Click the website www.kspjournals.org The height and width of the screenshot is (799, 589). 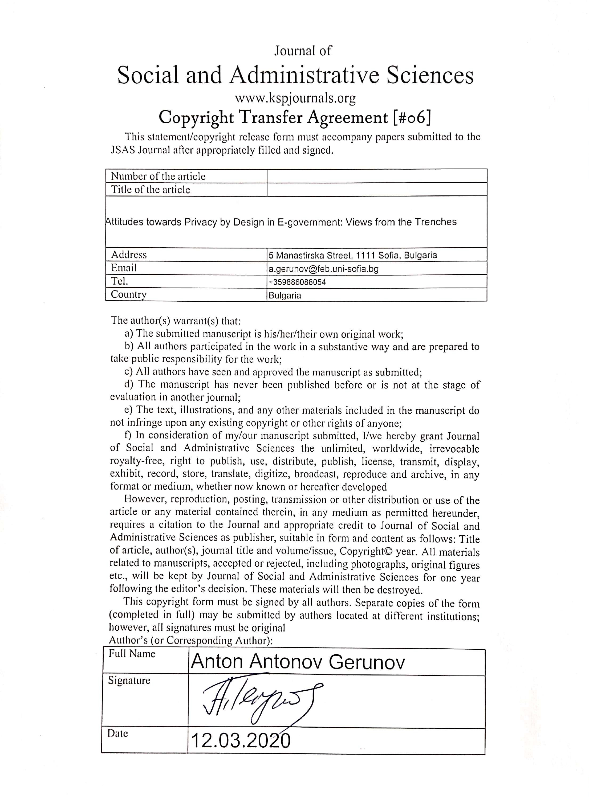[295, 98]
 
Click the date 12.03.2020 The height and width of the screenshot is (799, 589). [241, 740]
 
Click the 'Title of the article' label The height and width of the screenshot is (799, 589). [151, 190]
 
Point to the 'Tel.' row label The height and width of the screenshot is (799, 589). [119, 281]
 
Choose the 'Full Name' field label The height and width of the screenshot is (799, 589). [132, 654]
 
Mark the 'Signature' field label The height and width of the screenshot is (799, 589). [129, 680]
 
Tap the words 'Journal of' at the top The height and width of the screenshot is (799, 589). [303, 51]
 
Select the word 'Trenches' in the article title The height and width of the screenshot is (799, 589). [435, 222]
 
